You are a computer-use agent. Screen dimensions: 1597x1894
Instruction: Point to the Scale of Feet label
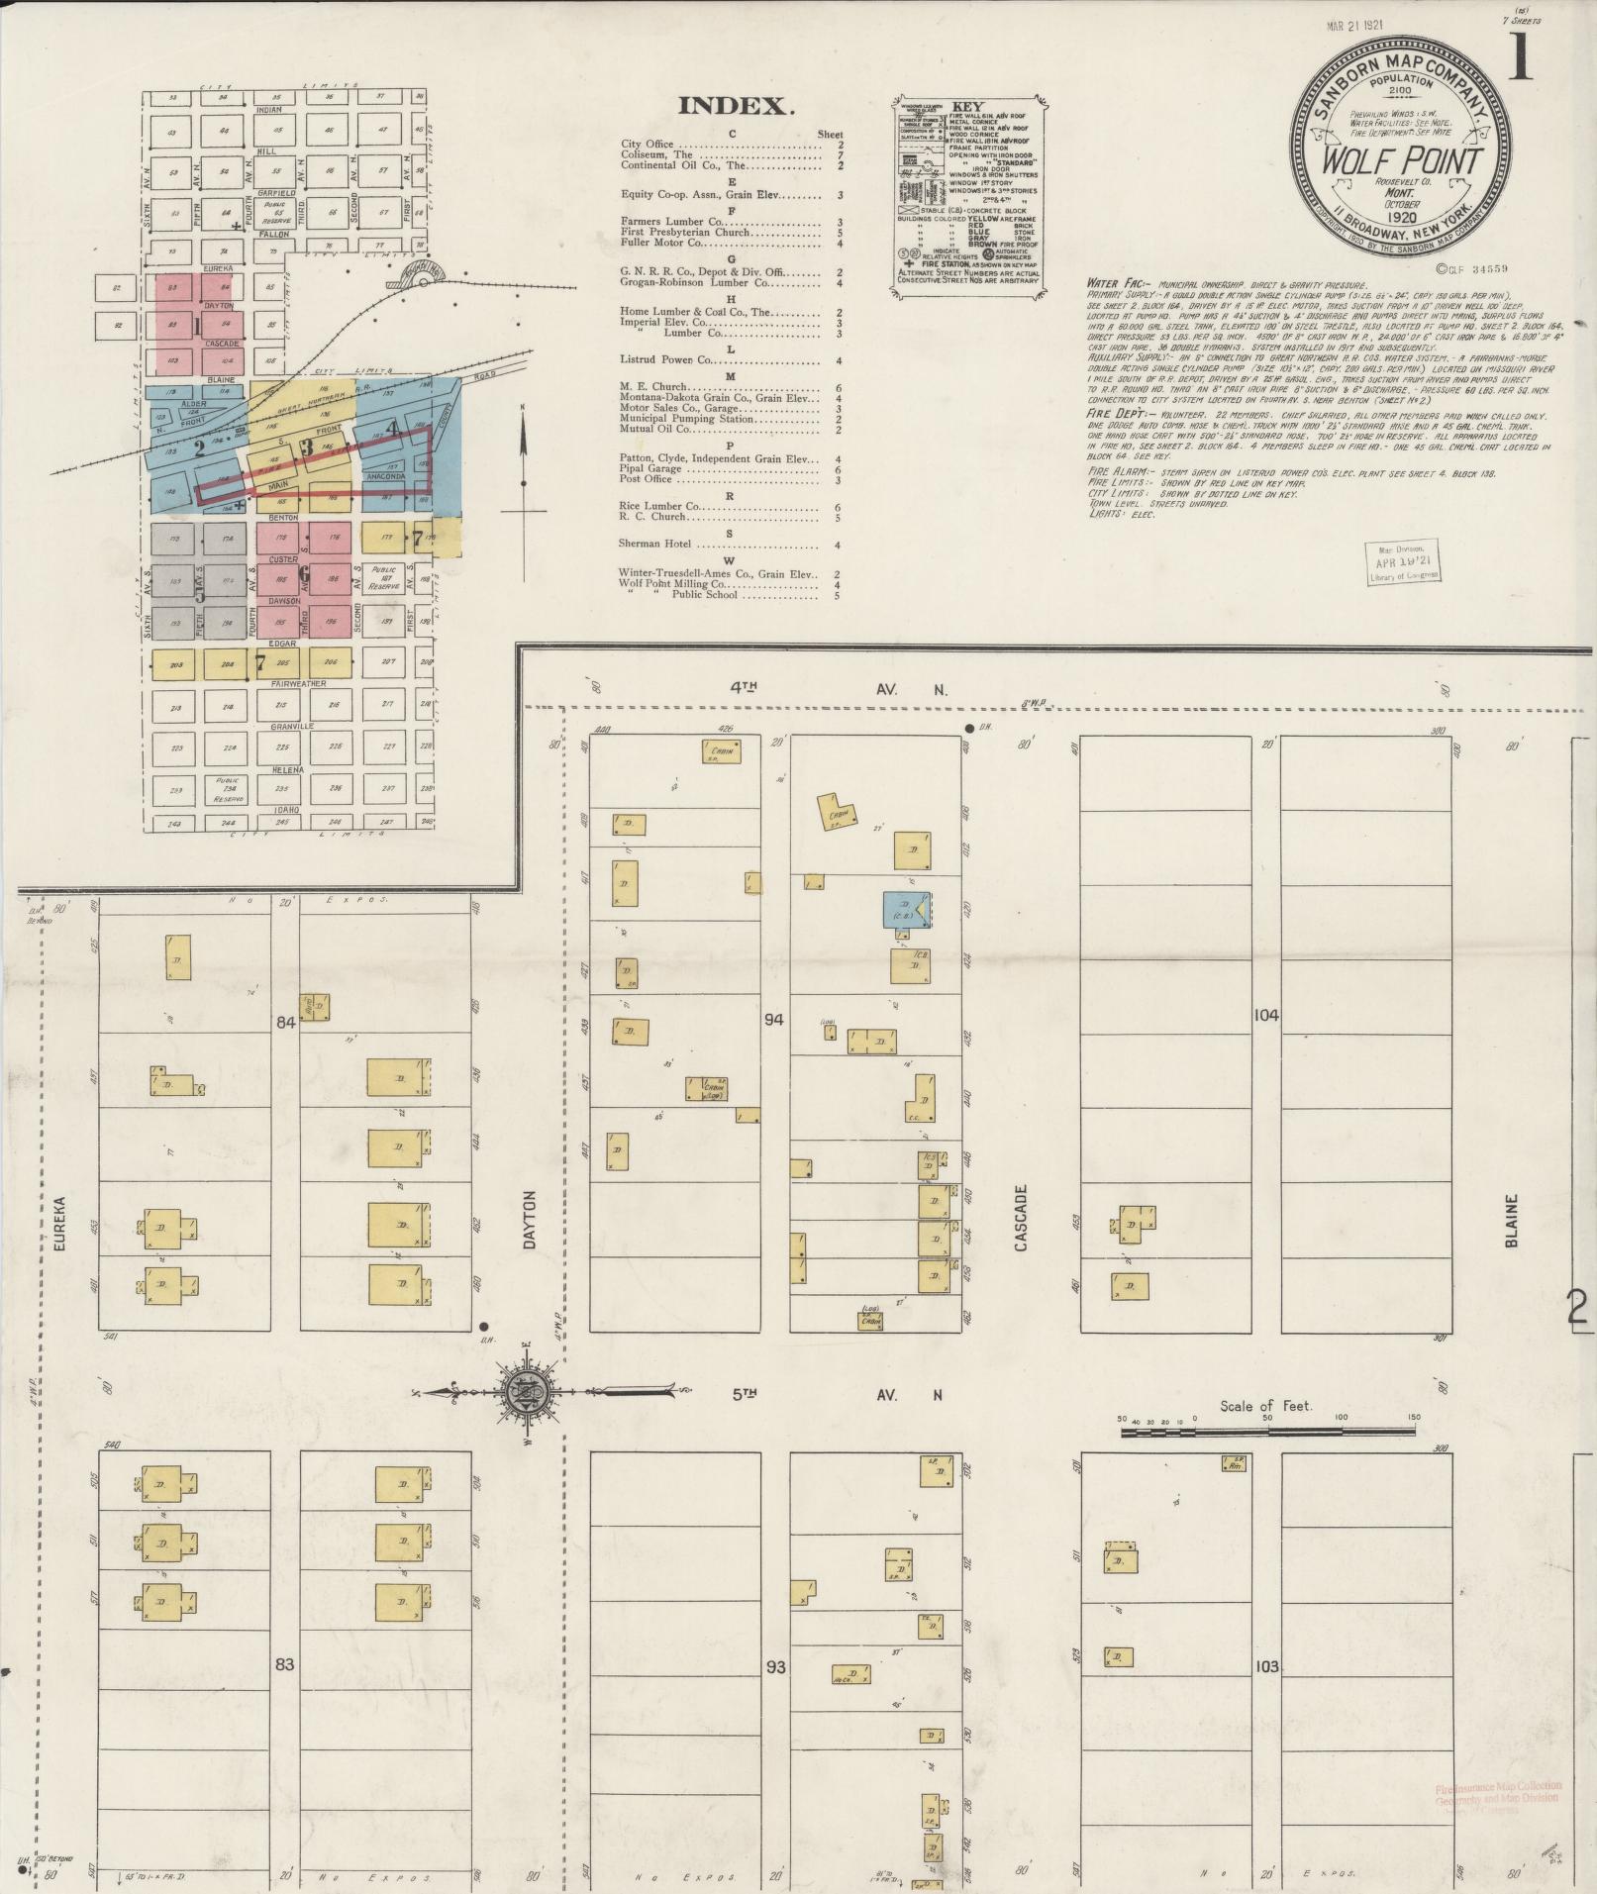1266,1406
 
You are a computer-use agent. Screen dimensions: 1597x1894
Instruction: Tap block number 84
285,1024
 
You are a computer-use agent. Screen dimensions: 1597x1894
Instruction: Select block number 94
774,1019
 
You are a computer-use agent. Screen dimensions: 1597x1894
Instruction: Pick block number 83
285,1664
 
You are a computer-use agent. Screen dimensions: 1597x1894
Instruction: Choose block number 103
1265,1666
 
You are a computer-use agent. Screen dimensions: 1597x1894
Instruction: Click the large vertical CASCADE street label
1021,1218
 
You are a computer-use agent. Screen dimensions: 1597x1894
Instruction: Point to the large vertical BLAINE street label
1512,1220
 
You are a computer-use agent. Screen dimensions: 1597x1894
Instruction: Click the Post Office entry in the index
646,479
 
